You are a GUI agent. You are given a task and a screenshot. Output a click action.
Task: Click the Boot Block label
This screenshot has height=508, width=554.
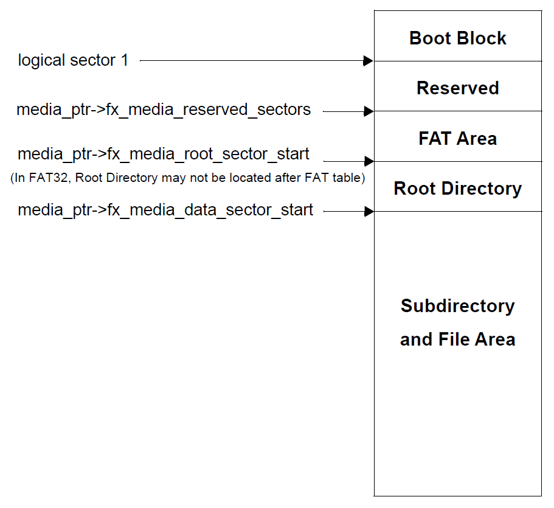[x=457, y=38]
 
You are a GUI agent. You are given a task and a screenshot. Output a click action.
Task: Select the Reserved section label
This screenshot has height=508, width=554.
[x=457, y=88]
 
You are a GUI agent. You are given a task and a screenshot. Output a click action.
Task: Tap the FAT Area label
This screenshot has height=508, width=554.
[x=457, y=139]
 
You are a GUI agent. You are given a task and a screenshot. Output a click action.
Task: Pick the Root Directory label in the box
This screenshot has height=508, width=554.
[x=457, y=189]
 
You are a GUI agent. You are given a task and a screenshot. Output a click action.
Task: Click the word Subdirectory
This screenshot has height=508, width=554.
[x=457, y=306]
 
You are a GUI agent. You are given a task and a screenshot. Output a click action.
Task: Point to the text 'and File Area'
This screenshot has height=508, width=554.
[x=457, y=339]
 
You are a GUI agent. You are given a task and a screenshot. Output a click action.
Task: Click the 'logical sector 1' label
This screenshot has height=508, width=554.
[x=73, y=60]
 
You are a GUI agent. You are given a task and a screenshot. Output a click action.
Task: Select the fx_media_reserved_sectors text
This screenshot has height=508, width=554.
[x=164, y=110]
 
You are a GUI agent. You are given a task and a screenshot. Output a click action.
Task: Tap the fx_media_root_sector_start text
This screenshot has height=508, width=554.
[x=164, y=155]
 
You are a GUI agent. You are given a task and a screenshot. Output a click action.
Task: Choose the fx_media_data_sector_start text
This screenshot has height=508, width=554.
[x=165, y=211]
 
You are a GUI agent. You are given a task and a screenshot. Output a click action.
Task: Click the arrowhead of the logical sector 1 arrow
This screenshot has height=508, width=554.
[x=368, y=61]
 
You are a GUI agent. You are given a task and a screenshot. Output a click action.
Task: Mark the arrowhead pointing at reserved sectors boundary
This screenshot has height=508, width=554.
[x=368, y=111]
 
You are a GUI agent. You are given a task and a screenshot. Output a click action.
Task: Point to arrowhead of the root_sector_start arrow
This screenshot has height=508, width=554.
[x=368, y=161]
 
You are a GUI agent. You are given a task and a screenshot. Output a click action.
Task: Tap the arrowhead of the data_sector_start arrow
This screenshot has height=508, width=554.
[x=368, y=212]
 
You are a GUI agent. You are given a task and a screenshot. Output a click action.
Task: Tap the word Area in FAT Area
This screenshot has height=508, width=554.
[x=477, y=139]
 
